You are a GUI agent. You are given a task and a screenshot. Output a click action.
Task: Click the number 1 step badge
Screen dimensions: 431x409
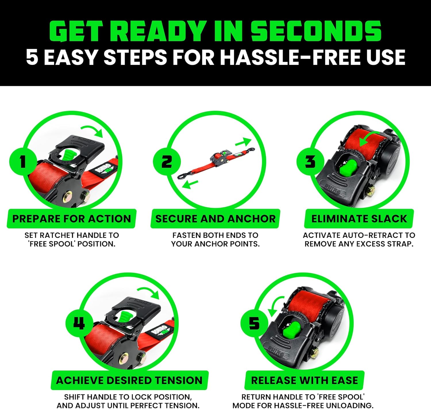pos(23,162)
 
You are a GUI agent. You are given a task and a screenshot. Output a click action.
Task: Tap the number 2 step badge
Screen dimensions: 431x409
pos(167,162)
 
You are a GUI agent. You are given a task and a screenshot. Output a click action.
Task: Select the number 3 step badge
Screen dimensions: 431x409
pos(310,162)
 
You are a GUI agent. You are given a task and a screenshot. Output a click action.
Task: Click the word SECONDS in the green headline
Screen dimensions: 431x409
pos(316,31)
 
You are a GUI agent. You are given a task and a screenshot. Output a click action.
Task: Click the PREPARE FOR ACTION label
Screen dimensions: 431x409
pos(72,219)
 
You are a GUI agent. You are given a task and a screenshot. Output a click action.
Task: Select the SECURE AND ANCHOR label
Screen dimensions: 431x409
pos(215,219)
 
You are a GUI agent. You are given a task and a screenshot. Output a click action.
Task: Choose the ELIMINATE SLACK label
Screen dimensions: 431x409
pos(359,219)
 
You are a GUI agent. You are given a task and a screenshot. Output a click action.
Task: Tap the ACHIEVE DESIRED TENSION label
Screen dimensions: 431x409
pos(129,381)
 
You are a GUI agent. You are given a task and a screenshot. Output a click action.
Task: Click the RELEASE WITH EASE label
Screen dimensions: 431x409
pos(304,381)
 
